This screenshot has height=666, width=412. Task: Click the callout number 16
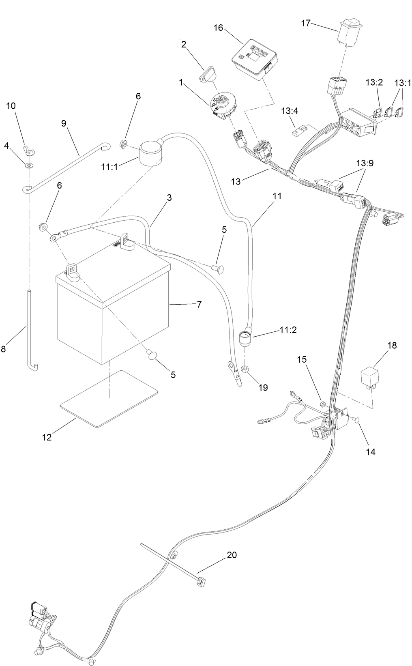[x=218, y=27]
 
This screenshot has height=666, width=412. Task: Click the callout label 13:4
[x=289, y=110]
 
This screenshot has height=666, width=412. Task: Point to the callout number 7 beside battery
[x=199, y=304]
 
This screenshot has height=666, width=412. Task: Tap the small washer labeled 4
[x=29, y=165]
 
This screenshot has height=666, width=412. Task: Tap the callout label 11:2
[x=288, y=330]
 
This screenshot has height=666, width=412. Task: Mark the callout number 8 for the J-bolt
[x=3, y=348]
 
